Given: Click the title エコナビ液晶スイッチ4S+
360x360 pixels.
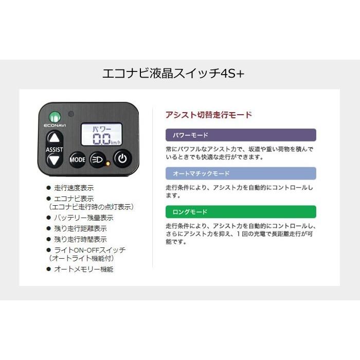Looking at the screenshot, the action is pyautogui.click(x=174, y=74).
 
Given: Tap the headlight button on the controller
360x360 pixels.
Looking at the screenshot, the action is pyautogui.click(x=97, y=159).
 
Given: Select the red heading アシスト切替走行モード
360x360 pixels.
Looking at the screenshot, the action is pyautogui.click(x=209, y=115).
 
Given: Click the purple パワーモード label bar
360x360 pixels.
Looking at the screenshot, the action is pyautogui.click(x=241, y=135).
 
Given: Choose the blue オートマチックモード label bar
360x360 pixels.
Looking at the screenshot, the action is pyautogui.click(x=241, y=173).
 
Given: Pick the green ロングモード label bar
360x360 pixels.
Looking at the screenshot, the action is pyautogui.click(x=241, y=211).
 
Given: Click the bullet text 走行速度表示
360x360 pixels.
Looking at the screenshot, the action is pyautogui.click(x=74, y=188).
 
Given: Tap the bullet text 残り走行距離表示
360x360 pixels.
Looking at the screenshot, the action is pyautogui.click(x=80, y=228).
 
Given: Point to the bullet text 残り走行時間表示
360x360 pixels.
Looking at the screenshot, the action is pyautogui.click(x=80, y=239).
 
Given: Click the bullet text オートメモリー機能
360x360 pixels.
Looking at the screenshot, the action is pyautogui.click(x=83, y=269).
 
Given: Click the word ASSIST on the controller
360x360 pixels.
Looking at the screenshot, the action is pyautogui.click(x=55, y=149).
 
